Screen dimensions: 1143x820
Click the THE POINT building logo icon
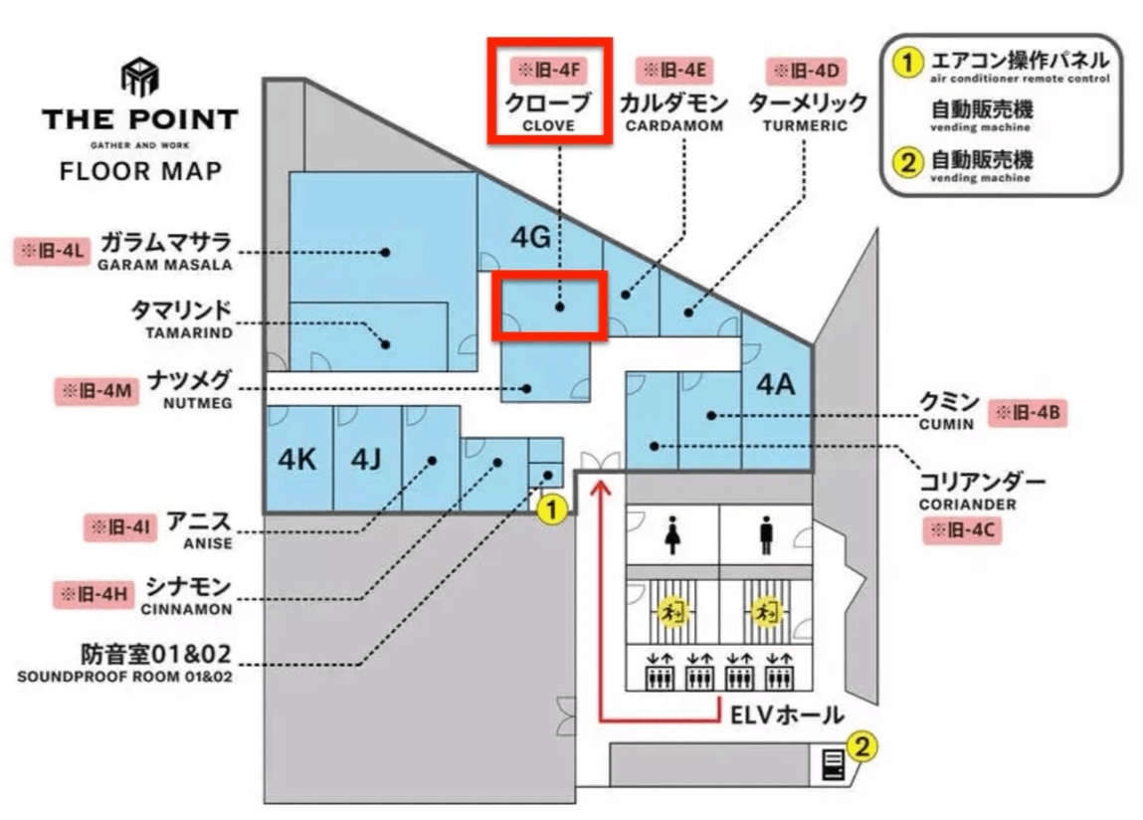(139, 77)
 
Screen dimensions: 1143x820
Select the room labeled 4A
(776, 384)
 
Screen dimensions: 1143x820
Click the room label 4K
(296, 460)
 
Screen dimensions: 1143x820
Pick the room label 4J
(366, 460)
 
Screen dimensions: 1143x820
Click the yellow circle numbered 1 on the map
(552, 511)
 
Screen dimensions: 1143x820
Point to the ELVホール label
(787, 715)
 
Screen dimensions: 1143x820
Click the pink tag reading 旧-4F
(544, 71)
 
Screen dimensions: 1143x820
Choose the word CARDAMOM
(674, 126)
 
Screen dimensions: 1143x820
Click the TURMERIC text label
(805, 126)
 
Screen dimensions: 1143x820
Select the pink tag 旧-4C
(961, 531)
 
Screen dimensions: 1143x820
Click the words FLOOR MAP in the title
(140, 170)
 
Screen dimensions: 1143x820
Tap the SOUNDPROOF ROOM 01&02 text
(125, 678)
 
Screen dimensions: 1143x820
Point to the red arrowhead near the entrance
(600, 488)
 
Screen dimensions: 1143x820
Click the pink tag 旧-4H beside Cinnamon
(92, 595)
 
